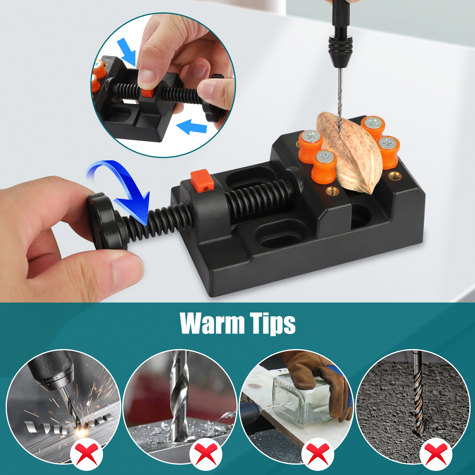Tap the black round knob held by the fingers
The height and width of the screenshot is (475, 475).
point(104,221)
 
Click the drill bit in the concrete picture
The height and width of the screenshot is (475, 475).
point(418,395)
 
